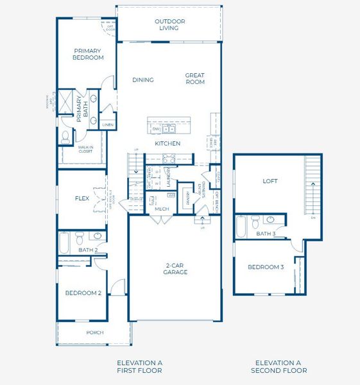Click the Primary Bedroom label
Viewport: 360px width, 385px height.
pos(89,55)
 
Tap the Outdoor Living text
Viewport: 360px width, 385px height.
pos(170,24)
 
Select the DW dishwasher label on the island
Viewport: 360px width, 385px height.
pos(155,129)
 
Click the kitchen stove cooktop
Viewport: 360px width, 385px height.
pos(171,159)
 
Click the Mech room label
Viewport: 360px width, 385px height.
pos(162,209)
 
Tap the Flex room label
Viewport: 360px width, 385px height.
pos(82,198)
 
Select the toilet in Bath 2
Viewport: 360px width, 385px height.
pos(80,237)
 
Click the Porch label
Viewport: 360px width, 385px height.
pos(95,332)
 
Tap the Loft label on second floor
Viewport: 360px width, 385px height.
pos(270,181)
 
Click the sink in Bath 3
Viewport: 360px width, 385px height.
pos(271,220)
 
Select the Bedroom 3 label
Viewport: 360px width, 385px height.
pos(266,267)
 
